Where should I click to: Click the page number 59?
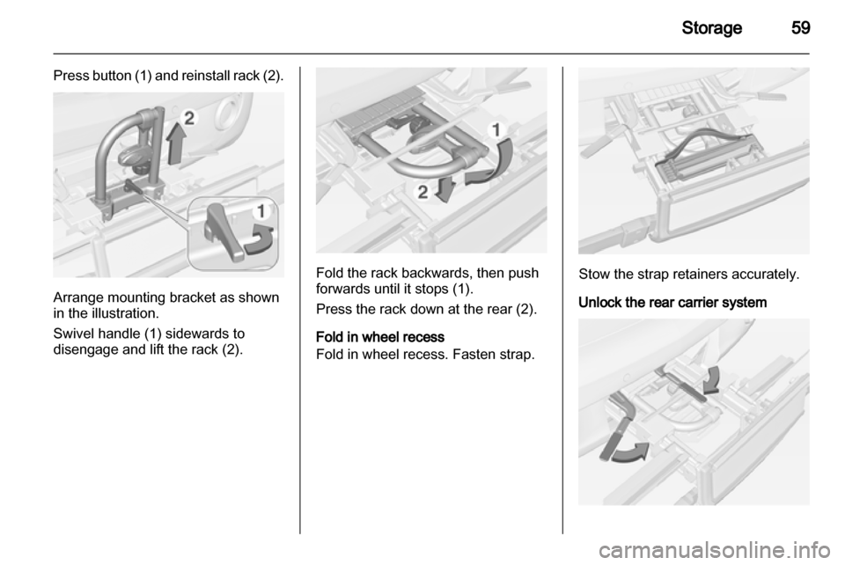pos(800,27)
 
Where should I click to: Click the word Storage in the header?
pos(711,28)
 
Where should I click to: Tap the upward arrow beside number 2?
pos(176,143)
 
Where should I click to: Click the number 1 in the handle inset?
pos(261,210)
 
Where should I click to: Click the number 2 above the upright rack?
pos(188,118)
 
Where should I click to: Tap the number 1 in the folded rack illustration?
pos(496,129)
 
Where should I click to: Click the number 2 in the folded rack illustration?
pos(423,192)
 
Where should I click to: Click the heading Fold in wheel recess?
pos(380,337)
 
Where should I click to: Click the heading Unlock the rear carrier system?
pos(672,302)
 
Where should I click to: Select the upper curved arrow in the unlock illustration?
pos(711,379)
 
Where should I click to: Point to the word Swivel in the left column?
pos(74,334)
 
